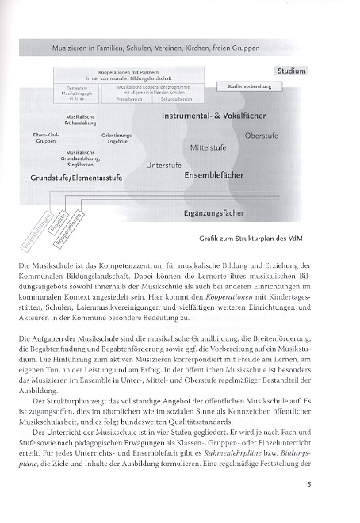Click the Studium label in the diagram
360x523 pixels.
[291, 71]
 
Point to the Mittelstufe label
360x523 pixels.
[209, 148]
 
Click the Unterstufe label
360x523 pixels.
[163, 165]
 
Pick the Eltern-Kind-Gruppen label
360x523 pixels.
[47, 138]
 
